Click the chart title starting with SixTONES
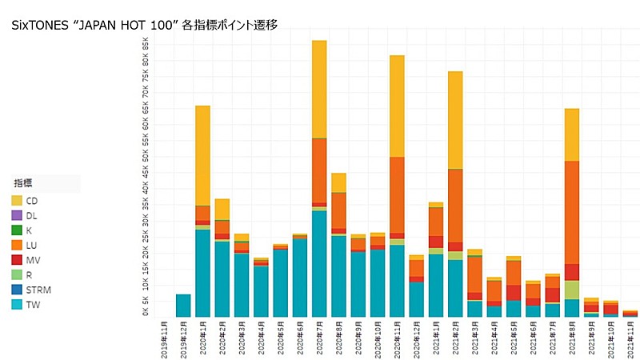click(x=144, y=26)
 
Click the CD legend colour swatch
click(x=17, y=201)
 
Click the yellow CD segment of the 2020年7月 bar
click(x=319, y=89)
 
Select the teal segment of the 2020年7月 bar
click(x=319, y=264)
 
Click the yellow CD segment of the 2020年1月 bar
click(x=202, y=155)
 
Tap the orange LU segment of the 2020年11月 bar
click(x=397, y=194)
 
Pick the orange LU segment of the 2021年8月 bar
click(x=571, y=212)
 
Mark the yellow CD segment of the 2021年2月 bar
click(x=455, y=120)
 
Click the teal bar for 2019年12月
click(x=183, y=306)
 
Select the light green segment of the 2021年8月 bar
click(x=571, y=290)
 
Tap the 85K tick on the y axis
click(x=146, y=40)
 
